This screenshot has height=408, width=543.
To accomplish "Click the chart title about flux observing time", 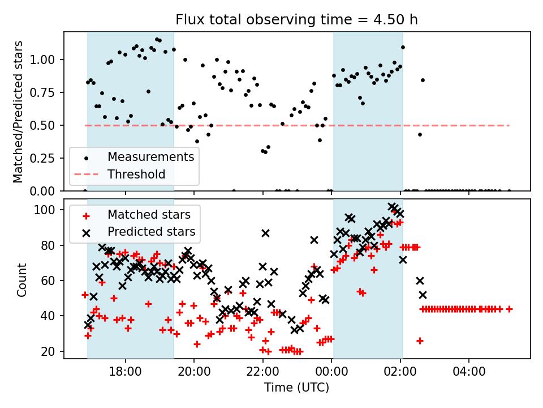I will coord(296,20).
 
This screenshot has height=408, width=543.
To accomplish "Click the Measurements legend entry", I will coord(151,156).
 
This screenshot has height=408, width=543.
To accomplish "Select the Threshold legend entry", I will coord(136,174).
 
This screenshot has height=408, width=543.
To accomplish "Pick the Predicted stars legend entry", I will coord(152,231).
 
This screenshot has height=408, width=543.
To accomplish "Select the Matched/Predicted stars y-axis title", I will coord(19,112).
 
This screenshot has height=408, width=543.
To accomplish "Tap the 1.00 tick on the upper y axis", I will coord(46,59).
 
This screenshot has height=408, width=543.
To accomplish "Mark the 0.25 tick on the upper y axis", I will coord(46,158).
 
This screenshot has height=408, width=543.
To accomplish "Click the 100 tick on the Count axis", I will coord(49,210).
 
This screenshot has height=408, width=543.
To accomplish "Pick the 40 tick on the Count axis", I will coord(51,316).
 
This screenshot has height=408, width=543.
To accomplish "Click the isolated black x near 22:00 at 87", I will coord(265,233).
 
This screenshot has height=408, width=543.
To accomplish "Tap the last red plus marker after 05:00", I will coord(509,309).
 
